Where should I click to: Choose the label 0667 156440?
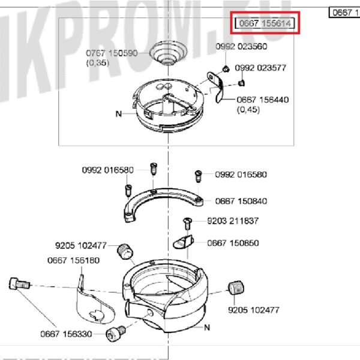[x=262, y=100]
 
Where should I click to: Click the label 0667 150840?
[x=241, y=201]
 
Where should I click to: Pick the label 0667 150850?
[x=233, y=243]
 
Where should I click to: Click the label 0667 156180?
[x=73, y=260]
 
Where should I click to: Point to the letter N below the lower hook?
[x=207, y=328]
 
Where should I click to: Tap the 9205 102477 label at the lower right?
[x=253, y=310]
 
